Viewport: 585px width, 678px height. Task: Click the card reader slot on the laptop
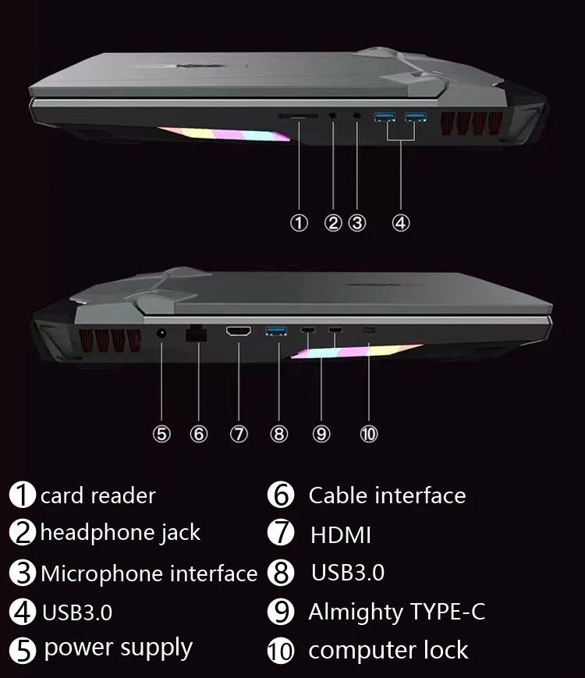click(299, 115)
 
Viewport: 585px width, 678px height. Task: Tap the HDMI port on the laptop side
click(238, 332)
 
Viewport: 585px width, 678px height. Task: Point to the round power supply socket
click(161, 333)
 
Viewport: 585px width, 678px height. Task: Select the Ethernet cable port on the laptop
click(195, 333)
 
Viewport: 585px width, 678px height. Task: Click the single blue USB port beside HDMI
click(277, 332)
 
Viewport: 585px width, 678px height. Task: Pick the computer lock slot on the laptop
click(369, 331)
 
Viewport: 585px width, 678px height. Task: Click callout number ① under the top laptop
click(300, 223)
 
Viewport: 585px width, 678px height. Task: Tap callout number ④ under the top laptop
click(400, 223)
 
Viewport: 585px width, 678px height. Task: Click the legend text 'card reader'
click(97, 495)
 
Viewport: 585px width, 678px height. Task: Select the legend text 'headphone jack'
click(120, 533)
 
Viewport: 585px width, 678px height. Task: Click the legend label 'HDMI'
click(341, 535)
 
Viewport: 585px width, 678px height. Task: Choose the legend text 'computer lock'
click(388, 650)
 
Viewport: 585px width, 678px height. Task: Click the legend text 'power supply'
click(119, 648)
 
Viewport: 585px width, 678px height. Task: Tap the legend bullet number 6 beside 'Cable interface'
click(280, 495)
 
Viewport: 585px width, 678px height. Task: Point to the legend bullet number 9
click(280, 612)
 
